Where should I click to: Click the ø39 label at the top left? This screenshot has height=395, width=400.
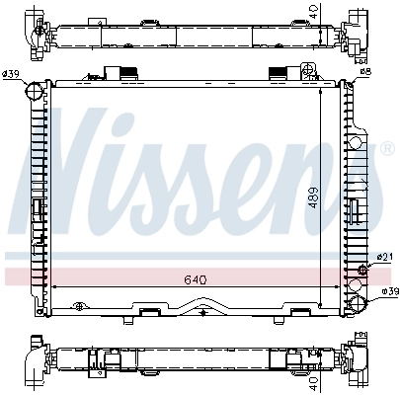pos(13,75)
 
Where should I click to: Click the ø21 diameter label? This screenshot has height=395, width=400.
pos(380,259)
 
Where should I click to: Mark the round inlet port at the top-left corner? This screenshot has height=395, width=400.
pos(34,92)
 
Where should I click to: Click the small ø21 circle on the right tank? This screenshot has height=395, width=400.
pos(362,268)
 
